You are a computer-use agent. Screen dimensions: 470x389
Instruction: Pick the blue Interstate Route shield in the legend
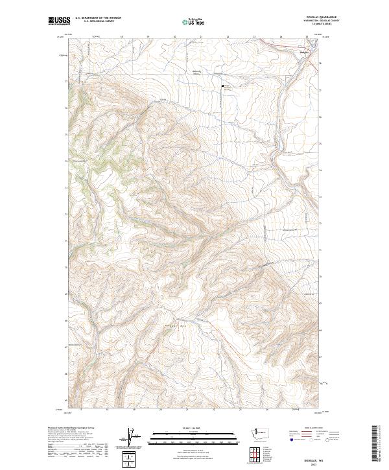(x=291, y=440)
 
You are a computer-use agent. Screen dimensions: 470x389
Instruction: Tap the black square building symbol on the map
(x=224, y=86)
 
